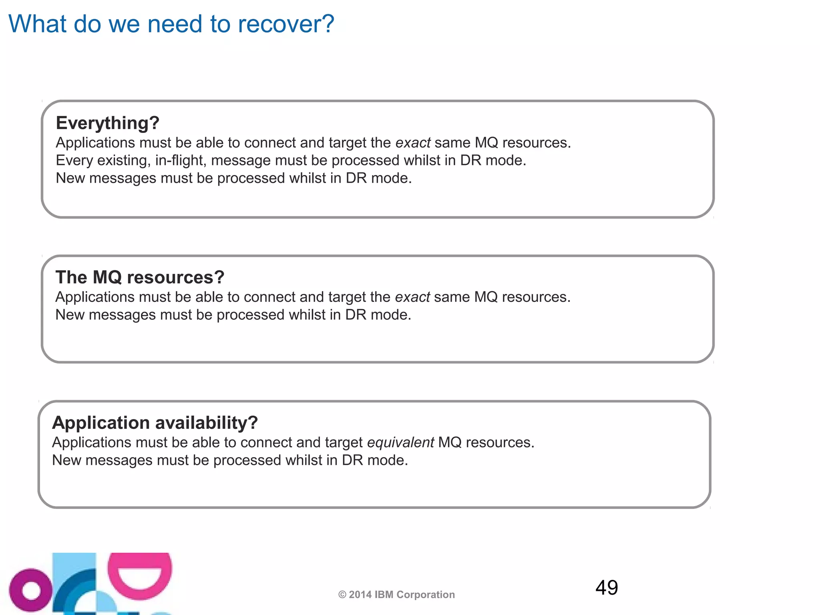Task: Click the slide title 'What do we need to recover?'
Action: tap(171, 24)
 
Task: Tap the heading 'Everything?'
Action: tap(107, 123)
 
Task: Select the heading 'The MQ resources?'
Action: tap(140, 277)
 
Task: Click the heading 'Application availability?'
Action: tap(155, 422)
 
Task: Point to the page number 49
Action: tap(607, 587)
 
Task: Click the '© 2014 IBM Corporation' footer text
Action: tap(396, 595)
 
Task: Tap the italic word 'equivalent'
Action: tap(400, 442)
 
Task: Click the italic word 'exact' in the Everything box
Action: tap(413, 143)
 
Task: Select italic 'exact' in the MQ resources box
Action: tap(412, 297)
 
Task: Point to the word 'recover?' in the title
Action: tap(286, 24)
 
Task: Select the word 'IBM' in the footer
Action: tap(383, 595)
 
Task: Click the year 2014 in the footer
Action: tap(360, 595)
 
